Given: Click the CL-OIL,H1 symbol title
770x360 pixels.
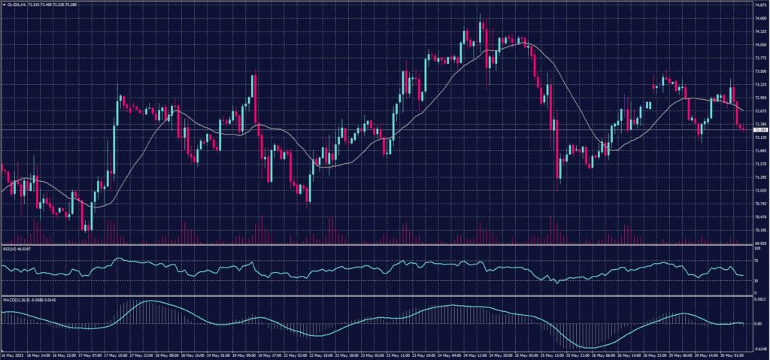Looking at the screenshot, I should [14, 3].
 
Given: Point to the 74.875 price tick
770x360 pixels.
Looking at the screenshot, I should [759, 5].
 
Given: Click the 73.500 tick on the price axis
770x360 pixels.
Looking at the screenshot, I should [759, 71].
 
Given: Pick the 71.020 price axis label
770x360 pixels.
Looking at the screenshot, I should [759, 190].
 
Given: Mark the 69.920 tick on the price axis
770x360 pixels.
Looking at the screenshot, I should [759, 244].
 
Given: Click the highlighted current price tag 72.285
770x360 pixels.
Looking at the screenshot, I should [760, 130].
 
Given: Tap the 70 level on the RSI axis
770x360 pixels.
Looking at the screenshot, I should [756, 260].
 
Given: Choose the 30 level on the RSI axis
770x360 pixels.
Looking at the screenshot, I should [756, 281].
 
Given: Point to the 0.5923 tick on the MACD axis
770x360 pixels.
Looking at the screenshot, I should [759, 298].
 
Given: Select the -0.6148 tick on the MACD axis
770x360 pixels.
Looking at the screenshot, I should [759, 348].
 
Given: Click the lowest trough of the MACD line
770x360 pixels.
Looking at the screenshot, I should [591, 347].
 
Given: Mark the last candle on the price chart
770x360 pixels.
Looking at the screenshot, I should [744, 129].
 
